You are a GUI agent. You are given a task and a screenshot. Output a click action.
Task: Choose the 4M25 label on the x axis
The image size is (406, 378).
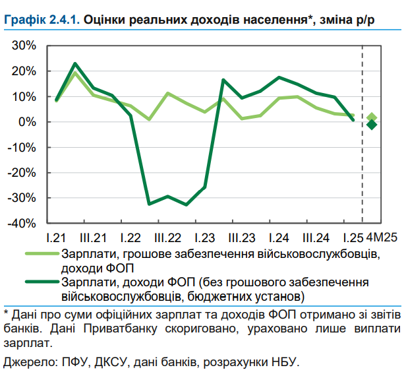coord(381,237)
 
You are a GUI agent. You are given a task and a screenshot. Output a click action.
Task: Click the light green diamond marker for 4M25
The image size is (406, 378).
coord(372,117)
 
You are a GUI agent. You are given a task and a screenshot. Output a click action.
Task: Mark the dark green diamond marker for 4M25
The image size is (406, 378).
coord(372,125)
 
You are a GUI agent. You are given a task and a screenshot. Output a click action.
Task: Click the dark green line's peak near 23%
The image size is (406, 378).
coord(75,64)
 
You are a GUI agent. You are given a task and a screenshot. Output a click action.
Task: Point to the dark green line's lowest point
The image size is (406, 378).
coord(187,205)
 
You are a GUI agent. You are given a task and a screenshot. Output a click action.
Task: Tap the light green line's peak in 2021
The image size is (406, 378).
coord(75,73)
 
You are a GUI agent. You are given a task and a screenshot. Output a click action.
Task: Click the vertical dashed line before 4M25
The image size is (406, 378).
coord(362,132)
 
